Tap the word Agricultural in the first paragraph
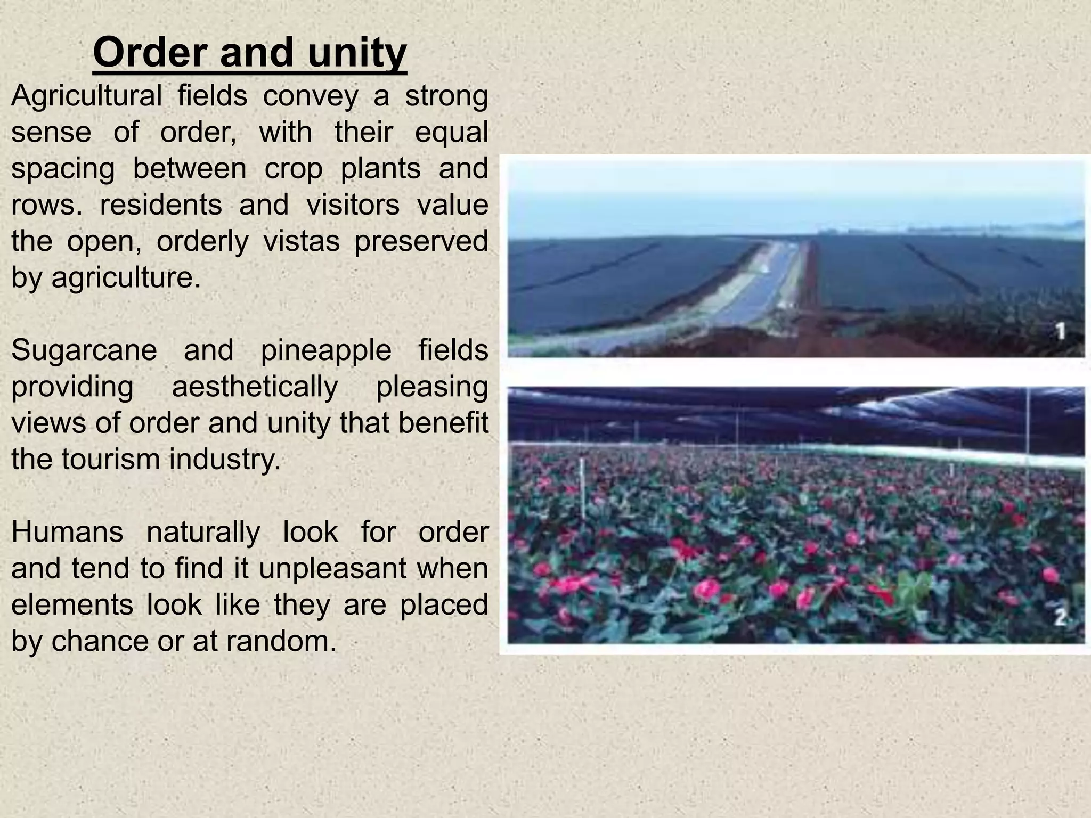pyautogui.click(x=86, y=96)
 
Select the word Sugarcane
pyautogui.click(x=84, y=351)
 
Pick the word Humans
pyautogui.click(x=67, y=532)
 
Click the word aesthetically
pyautogui.click(x=255, y=387)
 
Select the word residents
pyautogui.click(x=160, y=205)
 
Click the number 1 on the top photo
pyautogui.click(x=1061, y=332)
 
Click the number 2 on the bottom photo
pyautogui.click(x=1061, y=618)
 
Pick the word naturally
pyautogui.click(x=203, y=532)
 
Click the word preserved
pyautogui.click(x=421, y=242)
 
